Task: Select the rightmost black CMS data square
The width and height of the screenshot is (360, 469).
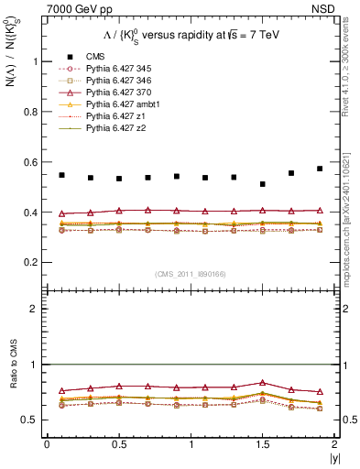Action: tap(320, 169)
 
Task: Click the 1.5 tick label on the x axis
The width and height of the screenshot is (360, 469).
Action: tap(263, 444)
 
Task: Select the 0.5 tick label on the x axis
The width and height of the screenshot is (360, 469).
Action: tap(119, 444)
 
